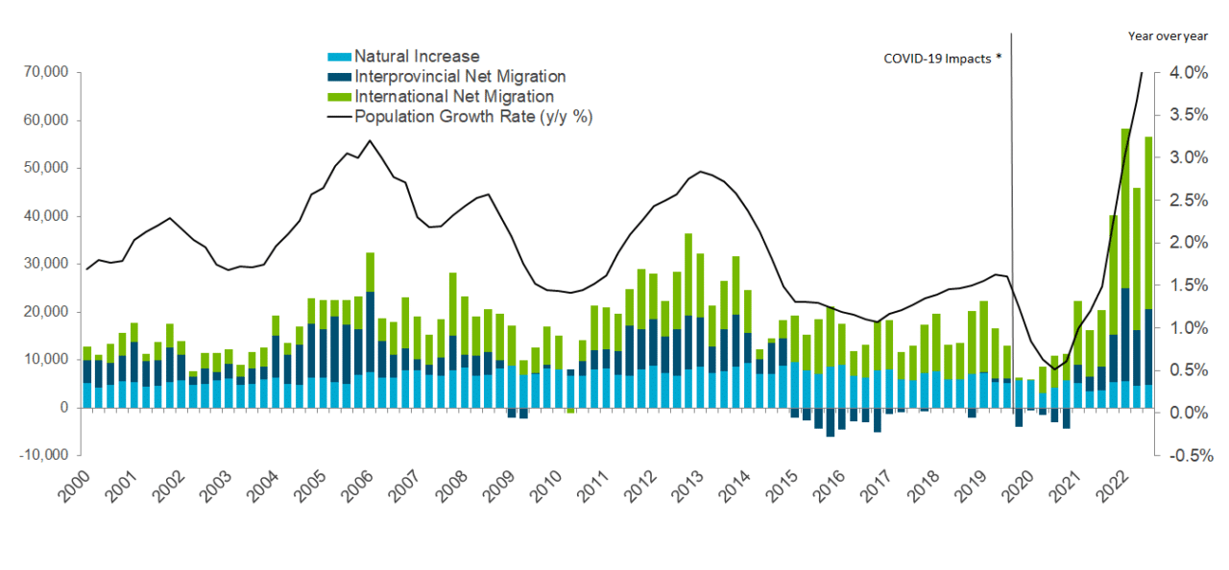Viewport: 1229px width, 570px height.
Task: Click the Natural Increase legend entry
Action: pyautogui.click(x=416, y=57)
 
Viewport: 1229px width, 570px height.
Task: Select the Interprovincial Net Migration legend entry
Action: pyautogui.click(x=459, y=77)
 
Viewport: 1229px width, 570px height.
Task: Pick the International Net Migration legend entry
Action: pyautogui.click(x=453, y=97)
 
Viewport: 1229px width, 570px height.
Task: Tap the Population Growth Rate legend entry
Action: pyautogui.click(x=477, y=117)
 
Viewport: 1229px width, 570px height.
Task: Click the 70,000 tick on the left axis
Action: pyautogui.click(x=43, y=72)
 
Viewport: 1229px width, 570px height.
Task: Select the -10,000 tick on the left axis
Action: pyautogui.click(x=41, y=455)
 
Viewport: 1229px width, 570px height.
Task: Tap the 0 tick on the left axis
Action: pyautogui.click(x=62, y=407)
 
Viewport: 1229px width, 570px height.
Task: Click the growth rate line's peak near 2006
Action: pyautogui.click(x=370, y=141)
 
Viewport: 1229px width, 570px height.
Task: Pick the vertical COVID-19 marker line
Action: pyautogui.click(x=1012, y=240)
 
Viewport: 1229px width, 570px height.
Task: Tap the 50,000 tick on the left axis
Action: pyautogui.click(x=43, y=168)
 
